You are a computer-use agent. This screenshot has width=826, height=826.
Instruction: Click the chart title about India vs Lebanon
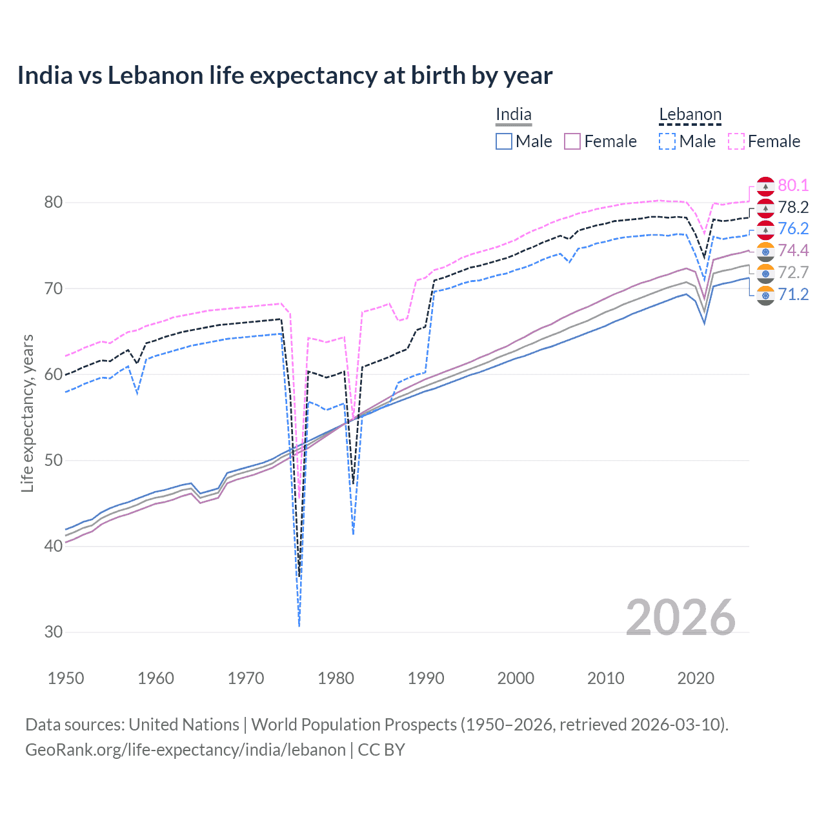pyautogui.click(x=285, y=76)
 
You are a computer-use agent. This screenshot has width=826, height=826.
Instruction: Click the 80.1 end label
pyautogui.click(x=793, y=185)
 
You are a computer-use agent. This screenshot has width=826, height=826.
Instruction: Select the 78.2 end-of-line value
pyautogui.click(x=793, y=207)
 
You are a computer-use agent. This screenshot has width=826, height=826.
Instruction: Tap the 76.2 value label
pyautogui.click(x=793, y=228)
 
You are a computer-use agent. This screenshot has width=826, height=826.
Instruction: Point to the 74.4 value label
pyautogui.click(x=793, y=250)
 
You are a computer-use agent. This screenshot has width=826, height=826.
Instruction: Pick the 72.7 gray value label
pyautogui.click(x=793, y=272)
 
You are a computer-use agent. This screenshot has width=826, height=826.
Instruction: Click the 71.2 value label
pyautogui.click(x=793, y=294)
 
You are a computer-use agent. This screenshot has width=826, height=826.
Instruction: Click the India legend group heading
pyautogui.click(x=514, y=115)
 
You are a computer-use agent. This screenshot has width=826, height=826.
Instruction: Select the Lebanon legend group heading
pyautogui.click(x=690, y=115)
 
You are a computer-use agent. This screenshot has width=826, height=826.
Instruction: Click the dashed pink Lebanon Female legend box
pyautogui.click(x=736, y=141)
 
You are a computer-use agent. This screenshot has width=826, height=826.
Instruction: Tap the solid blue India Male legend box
pyautogui.click(x=504, y=141)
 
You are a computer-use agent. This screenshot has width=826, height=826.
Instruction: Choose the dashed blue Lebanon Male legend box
pyautogui.click(x=667, y=141)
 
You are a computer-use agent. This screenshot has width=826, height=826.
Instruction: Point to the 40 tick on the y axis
pyautogui.click(x=54, y=546)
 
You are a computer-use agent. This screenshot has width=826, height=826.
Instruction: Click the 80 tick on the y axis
pyautogui.click(x=54, y=202)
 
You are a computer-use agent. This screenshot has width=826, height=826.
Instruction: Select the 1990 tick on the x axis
pyautogui.click(x=426, y=678)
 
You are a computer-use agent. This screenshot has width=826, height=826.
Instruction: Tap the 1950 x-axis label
pyautogui.click(x=66, y=678)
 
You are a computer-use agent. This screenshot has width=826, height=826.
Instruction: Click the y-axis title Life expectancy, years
pyautogui.click(x=27, y=413)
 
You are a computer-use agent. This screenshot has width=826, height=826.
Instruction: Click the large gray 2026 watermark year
pyautogui.click(x=680, y=618)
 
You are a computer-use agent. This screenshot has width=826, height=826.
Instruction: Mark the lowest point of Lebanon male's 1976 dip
pyautogui.click(x=299, y=626)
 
